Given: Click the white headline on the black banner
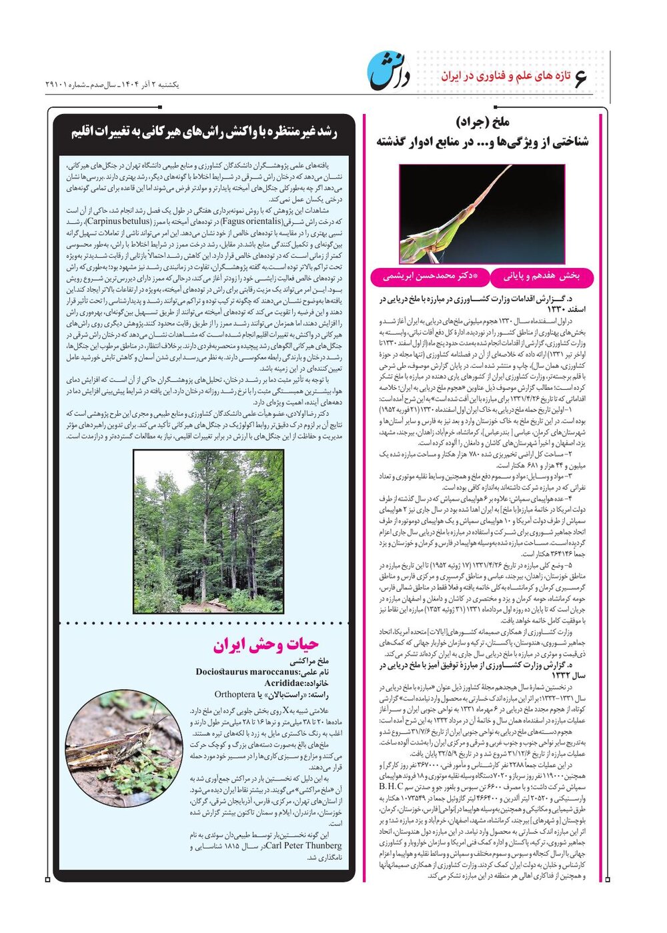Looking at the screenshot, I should click(x=205, y=131).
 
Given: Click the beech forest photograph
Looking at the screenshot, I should click(x=208, y=531).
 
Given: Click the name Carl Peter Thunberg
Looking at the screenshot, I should click(x=303, y=846).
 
